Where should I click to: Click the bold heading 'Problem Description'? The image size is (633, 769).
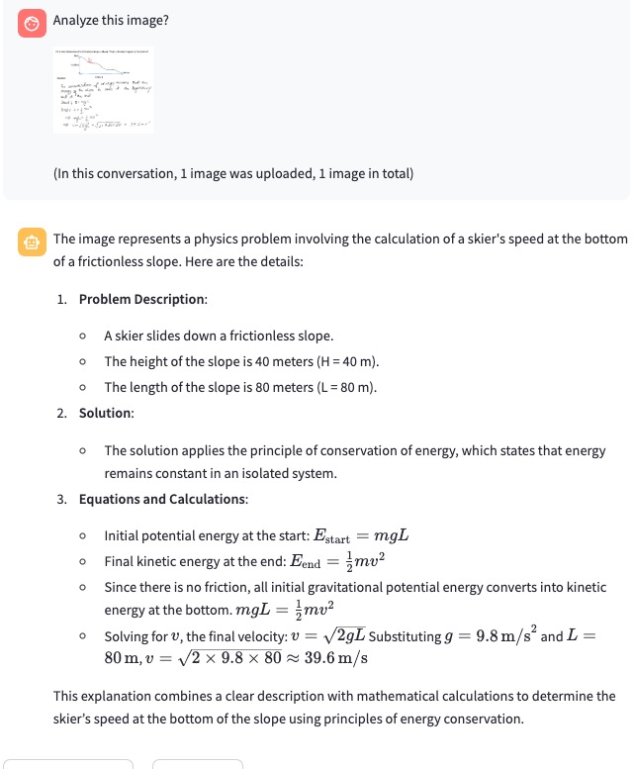point(142,299)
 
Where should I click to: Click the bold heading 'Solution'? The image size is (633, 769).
point(106,412)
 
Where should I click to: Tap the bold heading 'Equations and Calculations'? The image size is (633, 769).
point(162,499)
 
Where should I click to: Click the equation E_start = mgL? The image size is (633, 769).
point(361,536)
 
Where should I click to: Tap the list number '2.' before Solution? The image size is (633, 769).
point(63,412)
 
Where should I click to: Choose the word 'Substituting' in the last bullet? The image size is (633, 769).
point(409,636)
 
